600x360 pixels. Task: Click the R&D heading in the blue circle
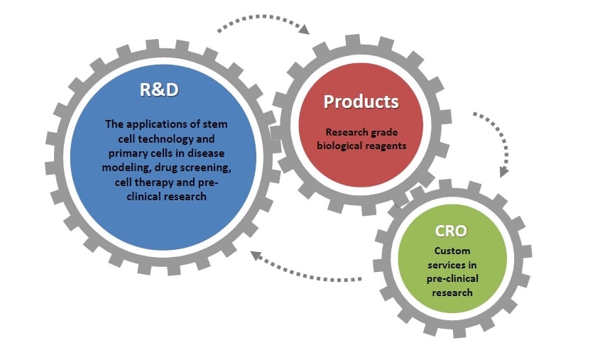coord(159,89)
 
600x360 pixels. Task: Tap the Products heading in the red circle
coord(361,102)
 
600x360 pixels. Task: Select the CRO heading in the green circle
coord(451,231)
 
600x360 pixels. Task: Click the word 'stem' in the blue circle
coord(215,124)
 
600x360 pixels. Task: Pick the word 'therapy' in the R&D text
coord(156,182)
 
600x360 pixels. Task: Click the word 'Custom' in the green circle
coord(452,251)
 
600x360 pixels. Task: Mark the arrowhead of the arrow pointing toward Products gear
coord(304,29)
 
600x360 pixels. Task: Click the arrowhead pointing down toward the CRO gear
coord(504,172)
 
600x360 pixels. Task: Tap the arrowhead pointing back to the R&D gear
coord(256,256)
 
